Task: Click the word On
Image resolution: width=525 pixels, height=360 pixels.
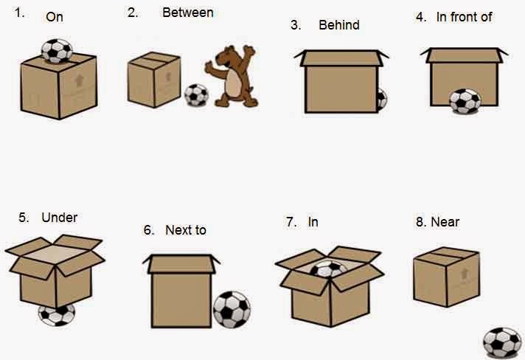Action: [55, 16]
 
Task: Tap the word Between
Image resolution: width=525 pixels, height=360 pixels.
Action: [187, 13]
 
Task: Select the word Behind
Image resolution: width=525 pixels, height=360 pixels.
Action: [339, 25]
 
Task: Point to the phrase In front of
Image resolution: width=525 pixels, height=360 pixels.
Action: [464, 17]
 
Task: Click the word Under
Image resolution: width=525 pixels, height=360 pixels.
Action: [59, 218]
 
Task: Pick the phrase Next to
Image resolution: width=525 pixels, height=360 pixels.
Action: [185, 230]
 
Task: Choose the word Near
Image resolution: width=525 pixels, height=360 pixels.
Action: [445, 221]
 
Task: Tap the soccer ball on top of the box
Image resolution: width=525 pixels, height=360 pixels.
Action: [57, 50]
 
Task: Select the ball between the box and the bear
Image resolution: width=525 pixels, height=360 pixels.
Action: [196, 95]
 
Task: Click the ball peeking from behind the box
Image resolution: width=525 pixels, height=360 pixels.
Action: [381, 100]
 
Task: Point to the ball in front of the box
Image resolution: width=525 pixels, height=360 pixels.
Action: [465, 101]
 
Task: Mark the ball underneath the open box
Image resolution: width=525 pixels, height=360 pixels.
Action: [56, 314]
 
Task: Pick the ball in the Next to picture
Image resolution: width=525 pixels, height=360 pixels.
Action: [232, 309]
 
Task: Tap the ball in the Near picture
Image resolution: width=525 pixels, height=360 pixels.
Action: [502, 343]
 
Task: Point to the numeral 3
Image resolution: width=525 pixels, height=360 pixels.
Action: [295, 25]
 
